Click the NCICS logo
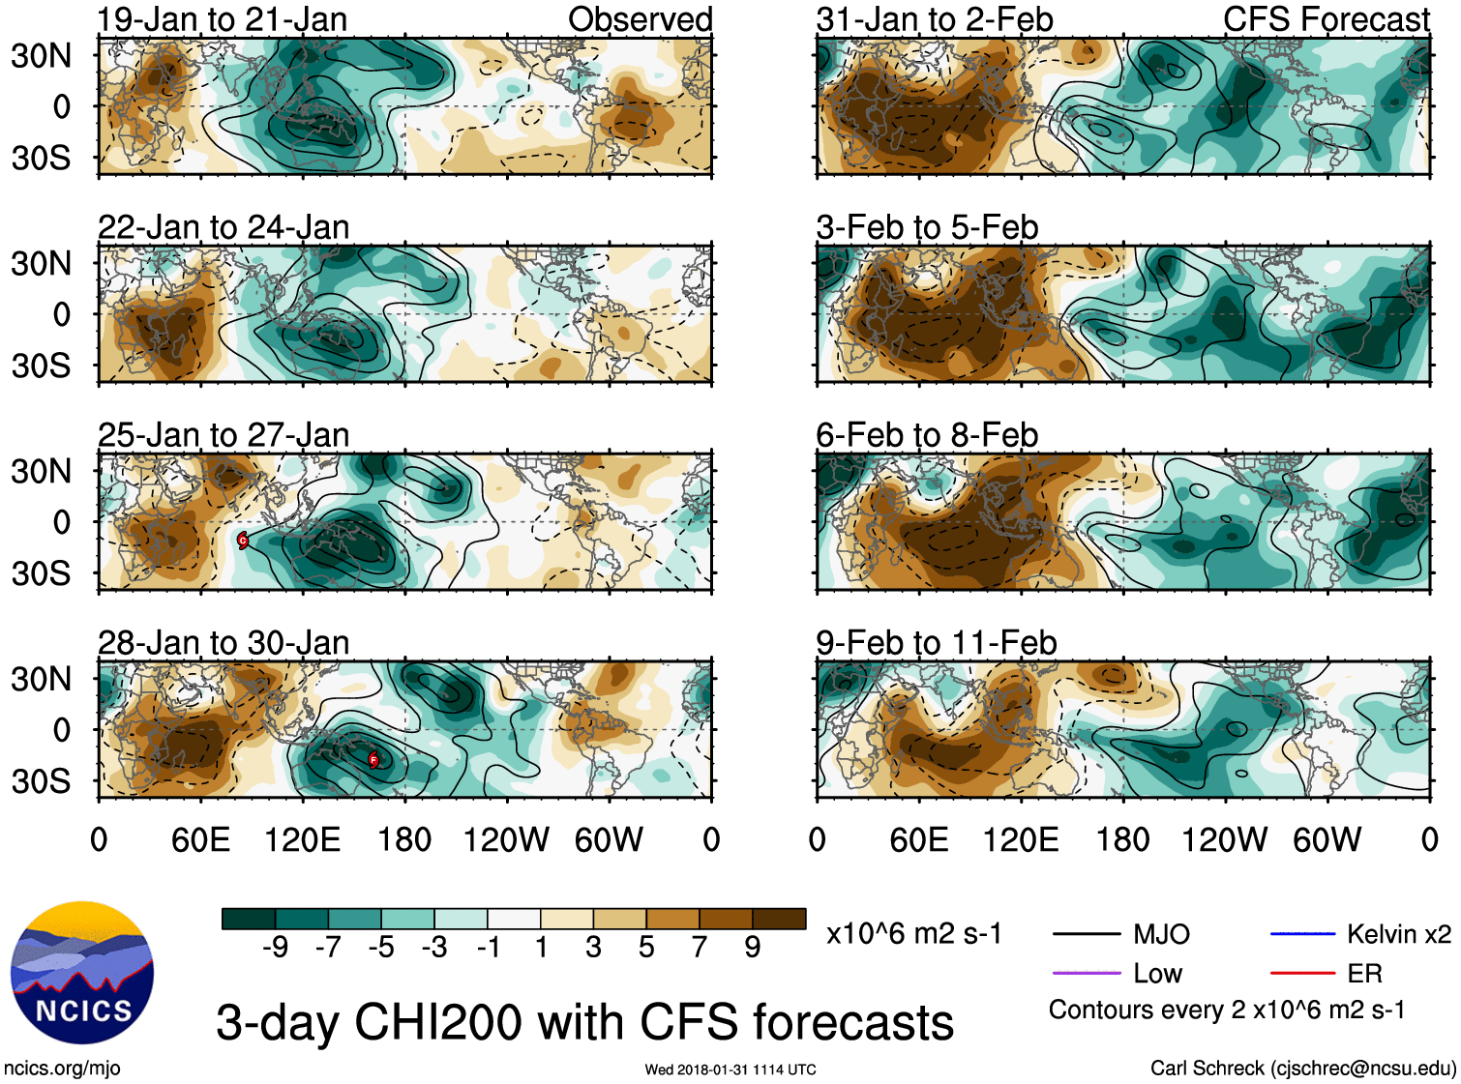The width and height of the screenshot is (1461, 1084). [82, 972]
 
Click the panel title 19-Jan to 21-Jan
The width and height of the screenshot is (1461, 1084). [222, 19]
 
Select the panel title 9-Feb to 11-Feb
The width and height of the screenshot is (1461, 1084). [936, 643]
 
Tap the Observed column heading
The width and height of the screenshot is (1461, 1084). [640, 19]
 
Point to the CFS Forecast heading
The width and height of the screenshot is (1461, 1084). [1326, 19]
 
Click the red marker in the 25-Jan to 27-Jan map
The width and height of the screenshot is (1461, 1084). [243, 541]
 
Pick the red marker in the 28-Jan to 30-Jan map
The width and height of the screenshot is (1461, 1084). [373, 760]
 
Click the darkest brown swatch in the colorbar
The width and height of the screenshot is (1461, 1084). [779, 919]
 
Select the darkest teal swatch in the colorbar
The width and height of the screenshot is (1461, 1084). [249, 919]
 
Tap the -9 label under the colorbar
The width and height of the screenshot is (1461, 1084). [275, 948]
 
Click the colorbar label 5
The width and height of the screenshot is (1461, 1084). [646, 948]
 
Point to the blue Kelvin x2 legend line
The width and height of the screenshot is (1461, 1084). [1302, 934]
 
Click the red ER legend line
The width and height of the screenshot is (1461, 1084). [1302, 973]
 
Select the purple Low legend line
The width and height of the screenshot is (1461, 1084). [1087, 973]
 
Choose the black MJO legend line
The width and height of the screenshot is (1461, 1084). [1087, 934]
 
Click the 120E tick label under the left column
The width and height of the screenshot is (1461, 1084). [302, 839]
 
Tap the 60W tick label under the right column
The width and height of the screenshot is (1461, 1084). [1327, 839]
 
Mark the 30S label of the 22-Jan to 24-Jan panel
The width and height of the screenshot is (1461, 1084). [42, 366]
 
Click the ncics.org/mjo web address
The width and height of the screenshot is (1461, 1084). [62, 1069]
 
